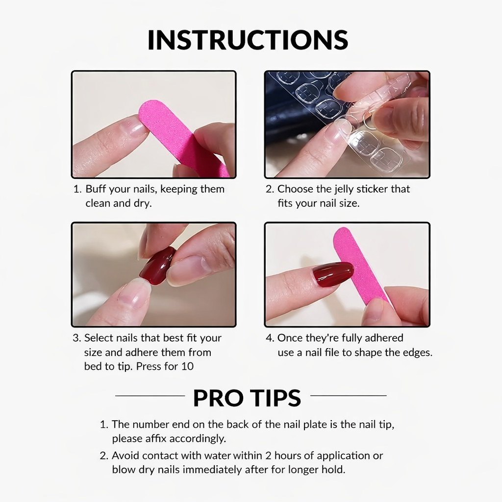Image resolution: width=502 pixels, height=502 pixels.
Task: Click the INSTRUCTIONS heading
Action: (248, 40)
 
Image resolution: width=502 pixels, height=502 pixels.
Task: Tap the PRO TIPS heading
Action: (247, 398)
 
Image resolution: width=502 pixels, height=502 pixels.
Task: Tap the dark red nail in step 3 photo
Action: (157, 266)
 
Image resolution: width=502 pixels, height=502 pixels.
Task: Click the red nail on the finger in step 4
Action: (333, 274)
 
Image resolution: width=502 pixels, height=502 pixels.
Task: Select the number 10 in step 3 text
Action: (187, 366)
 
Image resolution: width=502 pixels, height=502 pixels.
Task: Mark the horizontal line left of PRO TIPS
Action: (150, 396)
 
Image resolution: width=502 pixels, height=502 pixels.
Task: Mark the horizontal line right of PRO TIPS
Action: (349, 396)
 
